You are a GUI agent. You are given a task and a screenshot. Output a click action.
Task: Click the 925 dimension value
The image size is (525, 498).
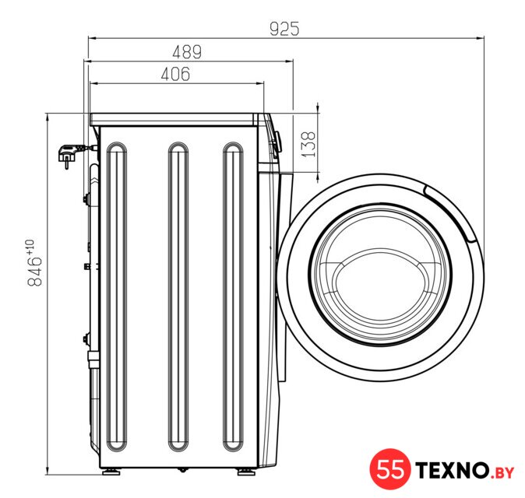click(x=284, y=29)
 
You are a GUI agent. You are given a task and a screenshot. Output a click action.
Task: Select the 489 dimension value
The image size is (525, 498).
click(x=187, y=52)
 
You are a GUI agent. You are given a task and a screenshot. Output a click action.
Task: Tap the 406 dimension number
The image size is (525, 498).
click(x=175, y=74)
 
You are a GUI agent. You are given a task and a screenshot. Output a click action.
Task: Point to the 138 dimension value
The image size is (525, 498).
click(x=308, y=144)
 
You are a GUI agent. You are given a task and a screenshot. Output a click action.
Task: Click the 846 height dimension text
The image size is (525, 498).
click(x=35, y=271)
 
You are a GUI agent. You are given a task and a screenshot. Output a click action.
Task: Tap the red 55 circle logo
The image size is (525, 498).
click(x=390, y=469)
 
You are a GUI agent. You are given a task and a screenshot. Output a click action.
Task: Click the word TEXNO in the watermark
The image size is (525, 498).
click(x=452, y=470)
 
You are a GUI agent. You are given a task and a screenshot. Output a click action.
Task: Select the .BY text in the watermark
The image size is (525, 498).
click(x=501, y=472)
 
